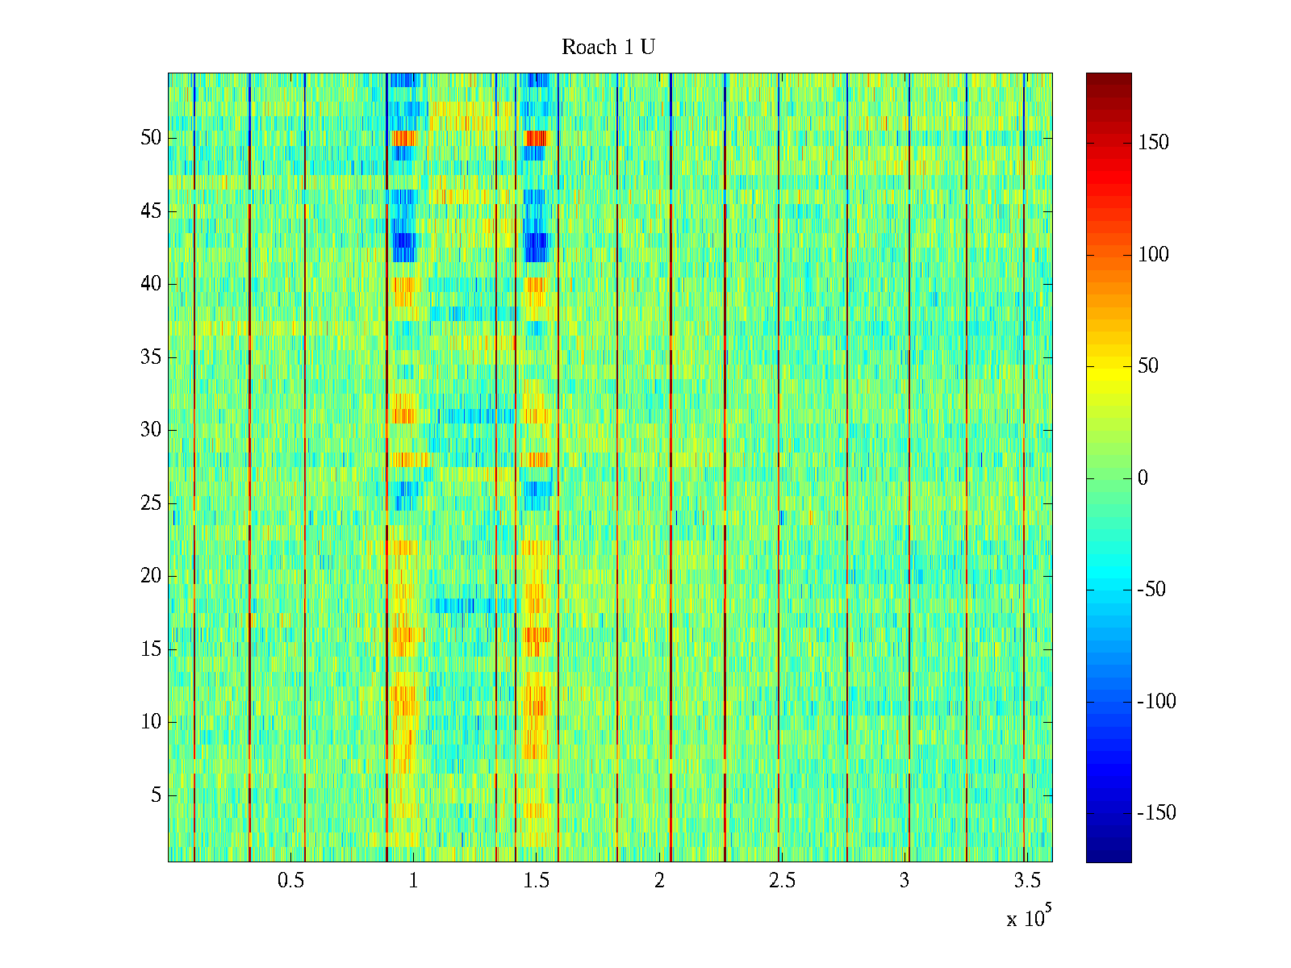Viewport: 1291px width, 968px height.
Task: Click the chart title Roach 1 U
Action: pos(608,48)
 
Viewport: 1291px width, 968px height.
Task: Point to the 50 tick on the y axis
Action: pos(151,138)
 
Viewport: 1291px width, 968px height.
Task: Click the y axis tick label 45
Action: pos(151,211)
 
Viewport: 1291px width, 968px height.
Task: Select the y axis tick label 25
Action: pos(151,503)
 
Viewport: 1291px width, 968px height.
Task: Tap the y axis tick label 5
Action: pos(156,795)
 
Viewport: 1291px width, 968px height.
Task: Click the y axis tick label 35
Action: pos(151,357)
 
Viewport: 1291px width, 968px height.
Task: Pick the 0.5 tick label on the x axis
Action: pos(290,881)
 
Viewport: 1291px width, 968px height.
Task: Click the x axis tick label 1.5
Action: pos(536,881)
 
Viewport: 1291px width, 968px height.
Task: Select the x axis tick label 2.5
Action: pos(782,881)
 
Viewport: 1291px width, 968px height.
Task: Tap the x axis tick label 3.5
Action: pos(1027,881)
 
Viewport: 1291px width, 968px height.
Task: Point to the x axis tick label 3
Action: pos(905,881)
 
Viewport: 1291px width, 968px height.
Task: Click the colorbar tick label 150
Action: pos(1153,143)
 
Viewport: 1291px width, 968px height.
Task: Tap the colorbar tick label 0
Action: pos(1143,478)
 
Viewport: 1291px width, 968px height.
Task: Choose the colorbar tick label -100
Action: pos(1156,702)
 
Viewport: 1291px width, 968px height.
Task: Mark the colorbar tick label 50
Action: pos(1148,367)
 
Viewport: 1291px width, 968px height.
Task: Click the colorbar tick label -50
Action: pos(1151,590)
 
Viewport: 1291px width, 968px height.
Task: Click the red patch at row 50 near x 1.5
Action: pos(537,138)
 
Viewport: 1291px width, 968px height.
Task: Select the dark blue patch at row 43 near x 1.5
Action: pos(537,246)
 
